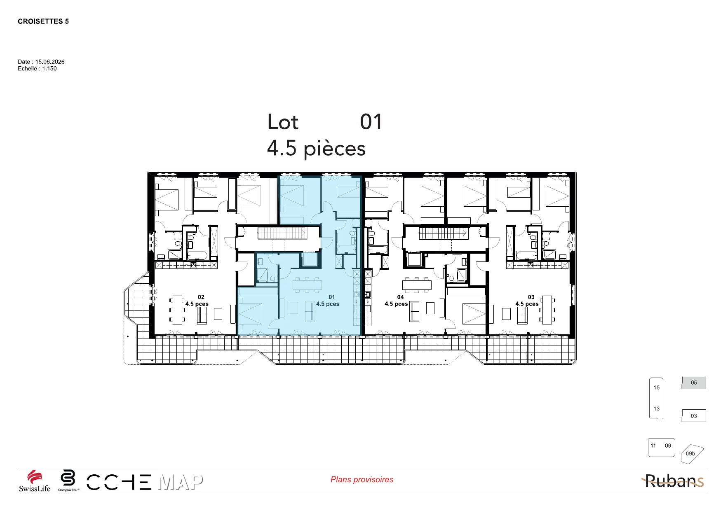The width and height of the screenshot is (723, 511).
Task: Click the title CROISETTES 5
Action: tap(43, 21)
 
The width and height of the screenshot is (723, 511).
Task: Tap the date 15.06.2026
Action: tap(50, 62)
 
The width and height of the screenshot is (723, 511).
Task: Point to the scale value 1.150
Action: tap(49, 69)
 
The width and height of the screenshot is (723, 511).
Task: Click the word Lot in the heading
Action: tap(283, 122)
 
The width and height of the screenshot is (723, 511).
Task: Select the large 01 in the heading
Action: tap(371, 122)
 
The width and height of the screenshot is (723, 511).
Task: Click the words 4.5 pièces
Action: tap(316, 149)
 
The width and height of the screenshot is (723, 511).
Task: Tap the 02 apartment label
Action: tap(201, 297)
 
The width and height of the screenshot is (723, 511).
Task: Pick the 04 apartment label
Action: tap(401, 297)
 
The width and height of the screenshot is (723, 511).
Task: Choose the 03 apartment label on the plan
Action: tap(531, 297)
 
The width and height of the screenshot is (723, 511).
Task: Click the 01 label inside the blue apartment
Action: tap(332, 297)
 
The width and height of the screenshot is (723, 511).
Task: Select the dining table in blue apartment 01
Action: tap(307, 285)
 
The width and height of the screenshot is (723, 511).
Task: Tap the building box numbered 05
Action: tap(694, 383)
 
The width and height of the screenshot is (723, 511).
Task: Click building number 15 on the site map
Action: tap(657, 387)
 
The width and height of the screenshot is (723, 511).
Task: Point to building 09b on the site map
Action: tap(690, 454)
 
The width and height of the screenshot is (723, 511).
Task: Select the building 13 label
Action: tap(657, 409)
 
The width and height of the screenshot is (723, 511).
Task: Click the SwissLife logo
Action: tap(35, 481)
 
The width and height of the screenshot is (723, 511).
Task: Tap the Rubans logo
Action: tap(673, 481)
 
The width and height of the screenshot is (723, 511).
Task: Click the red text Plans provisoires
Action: tap(362, 480)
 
